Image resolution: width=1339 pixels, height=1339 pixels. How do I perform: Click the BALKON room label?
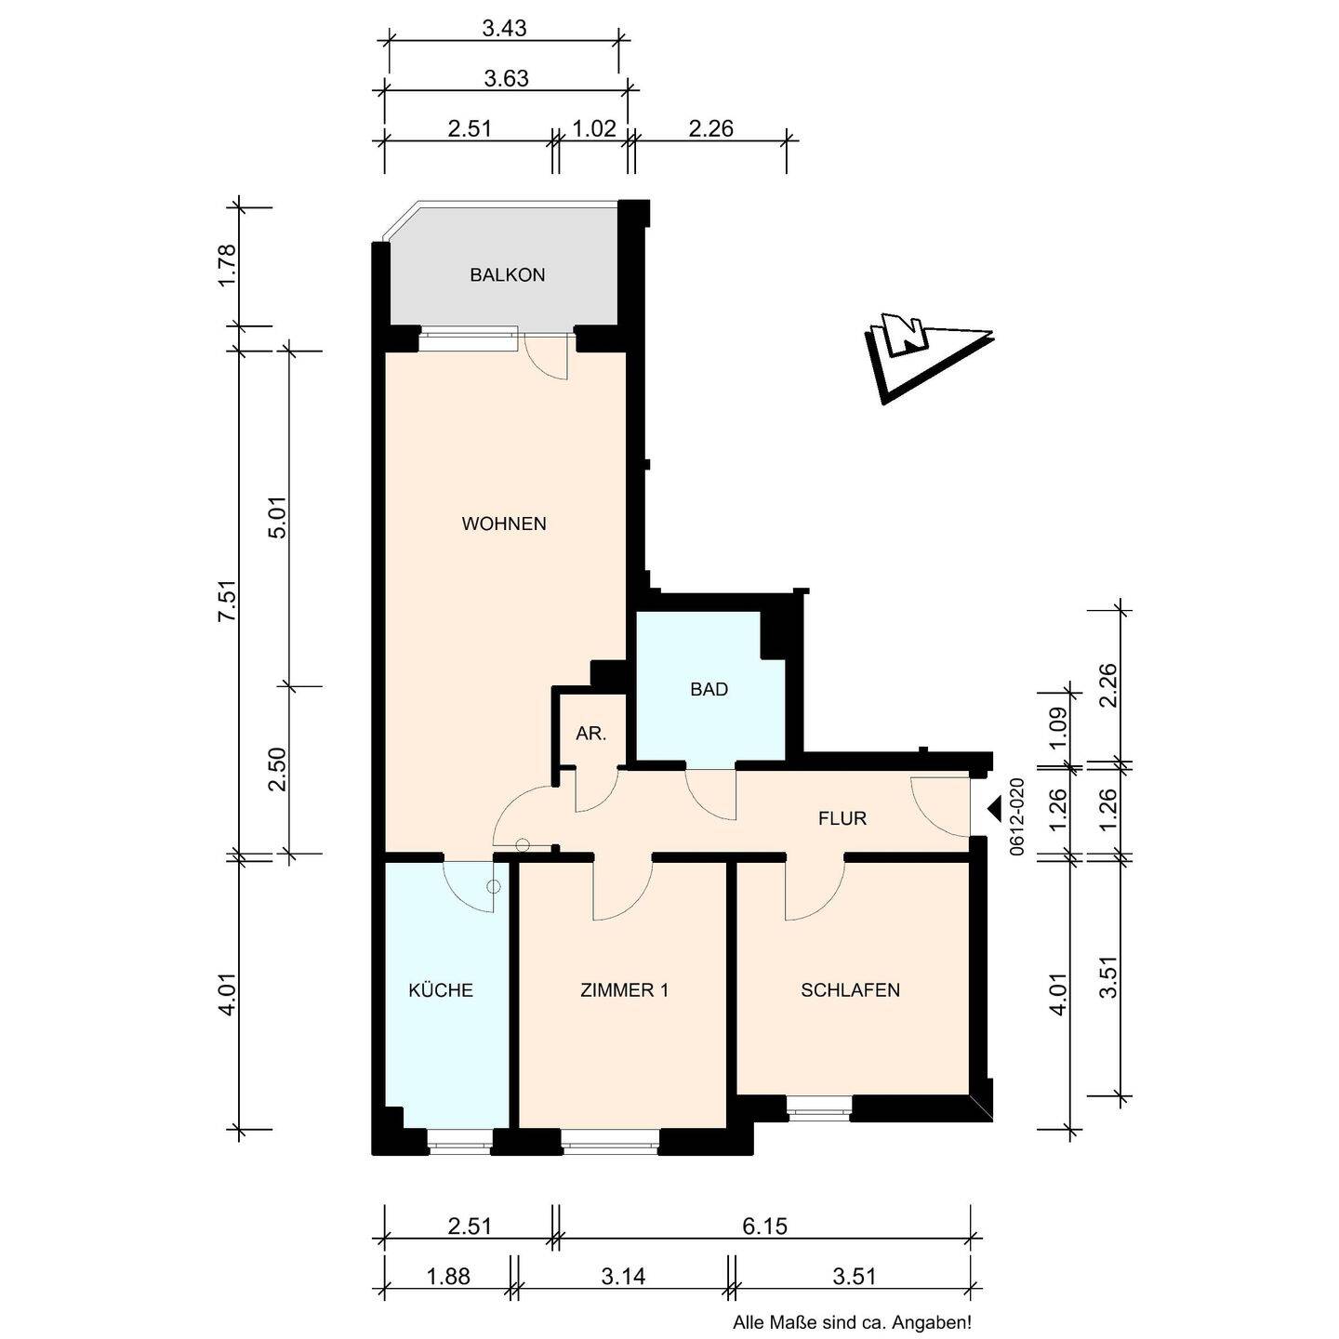tap(508, 275)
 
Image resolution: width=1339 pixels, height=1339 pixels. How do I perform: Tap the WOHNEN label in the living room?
tap(504, 524)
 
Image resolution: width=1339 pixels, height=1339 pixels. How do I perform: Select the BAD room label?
tap(709, 689)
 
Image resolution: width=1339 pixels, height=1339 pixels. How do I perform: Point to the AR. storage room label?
tap(591, 733)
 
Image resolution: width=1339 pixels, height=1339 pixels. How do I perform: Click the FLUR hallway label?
tap(842, 818)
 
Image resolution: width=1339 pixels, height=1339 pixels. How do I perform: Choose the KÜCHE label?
tap(441, 990)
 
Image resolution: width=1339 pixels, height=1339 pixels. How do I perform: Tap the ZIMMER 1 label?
tap(624, 990)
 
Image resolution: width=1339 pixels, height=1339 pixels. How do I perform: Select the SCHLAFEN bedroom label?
tap(850, 990)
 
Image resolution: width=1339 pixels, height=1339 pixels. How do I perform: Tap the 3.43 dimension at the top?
tap(505, 29)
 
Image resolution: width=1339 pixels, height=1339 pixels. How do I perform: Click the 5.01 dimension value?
tap(278, 518)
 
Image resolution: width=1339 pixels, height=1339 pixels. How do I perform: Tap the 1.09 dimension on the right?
tap(1057, 727)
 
